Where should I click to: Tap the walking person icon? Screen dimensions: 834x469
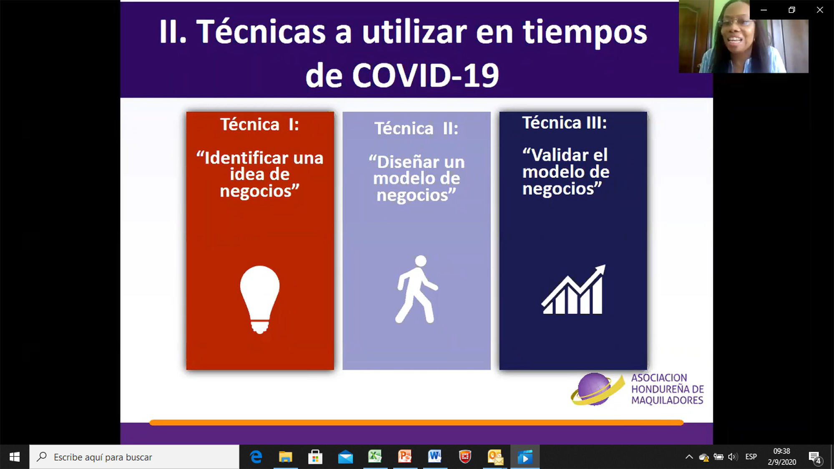416,289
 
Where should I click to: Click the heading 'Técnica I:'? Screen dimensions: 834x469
259,124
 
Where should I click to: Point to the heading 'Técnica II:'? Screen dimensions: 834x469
416,129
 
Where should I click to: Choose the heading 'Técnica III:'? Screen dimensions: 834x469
565,123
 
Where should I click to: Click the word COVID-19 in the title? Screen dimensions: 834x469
425,76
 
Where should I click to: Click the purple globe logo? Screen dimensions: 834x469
595,389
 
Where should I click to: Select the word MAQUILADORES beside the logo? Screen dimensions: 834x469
667,400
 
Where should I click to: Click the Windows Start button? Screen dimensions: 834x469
15,457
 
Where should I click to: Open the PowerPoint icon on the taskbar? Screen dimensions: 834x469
404,457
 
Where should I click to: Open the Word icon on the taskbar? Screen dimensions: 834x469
435,457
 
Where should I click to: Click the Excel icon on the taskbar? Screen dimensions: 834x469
374,457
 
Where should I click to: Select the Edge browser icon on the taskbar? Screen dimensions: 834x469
256,457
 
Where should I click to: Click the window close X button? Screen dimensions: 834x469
820,10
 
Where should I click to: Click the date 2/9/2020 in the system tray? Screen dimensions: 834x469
782,462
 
